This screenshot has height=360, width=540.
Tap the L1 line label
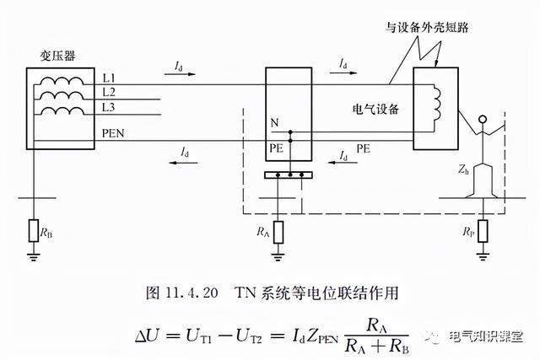coord(110,77)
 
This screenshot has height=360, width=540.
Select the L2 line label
coord(110,91)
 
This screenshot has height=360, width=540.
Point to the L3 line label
coord(110,108)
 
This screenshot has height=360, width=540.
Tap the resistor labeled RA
coord(279,229)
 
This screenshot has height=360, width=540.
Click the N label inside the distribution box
coord(274,122)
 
